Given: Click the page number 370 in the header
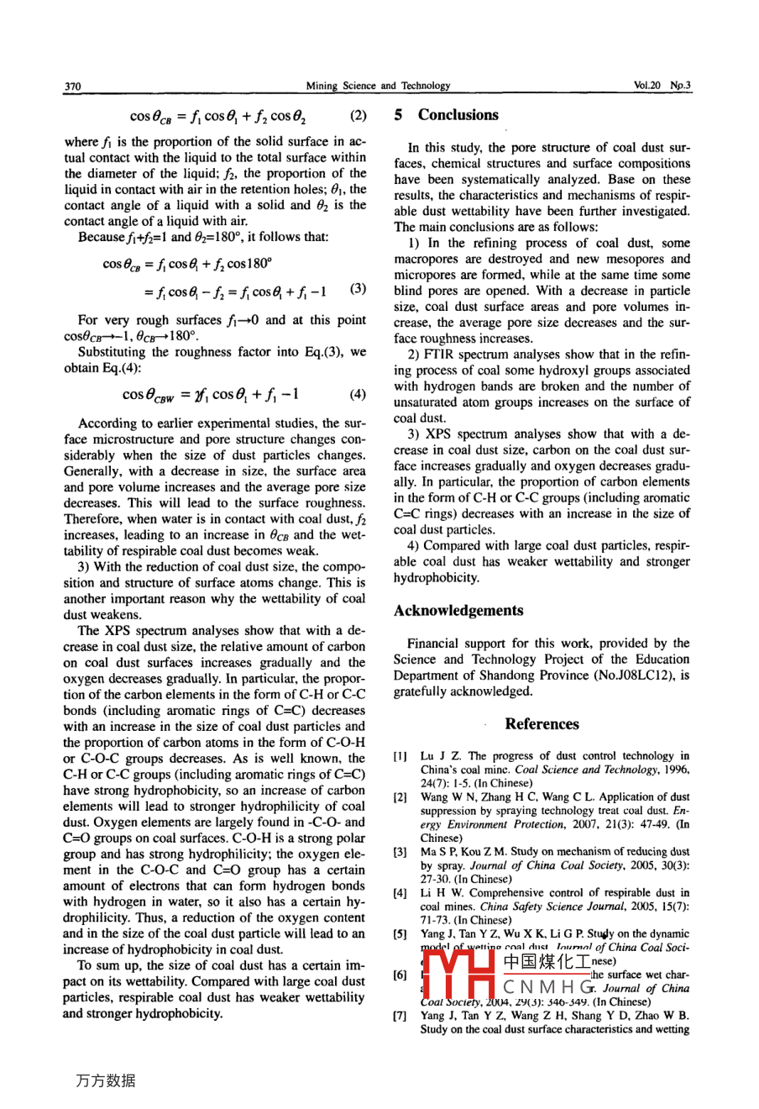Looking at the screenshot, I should pos(72,86).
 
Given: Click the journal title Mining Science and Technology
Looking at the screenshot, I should pos(378,86).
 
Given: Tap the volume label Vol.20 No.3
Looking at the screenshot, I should pos(662,86).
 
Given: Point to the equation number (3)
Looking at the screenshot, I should pos(358,289).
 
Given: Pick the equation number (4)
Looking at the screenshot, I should pos(357,394).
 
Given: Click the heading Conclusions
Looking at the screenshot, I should pos(458,115).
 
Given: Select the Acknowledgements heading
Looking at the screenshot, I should pos(458,611).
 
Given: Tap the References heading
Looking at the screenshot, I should pos(542,724).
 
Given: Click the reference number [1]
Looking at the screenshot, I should pos(401,757).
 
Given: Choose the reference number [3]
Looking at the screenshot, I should pos(401,852).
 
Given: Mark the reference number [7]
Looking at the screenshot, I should pos(401,1016).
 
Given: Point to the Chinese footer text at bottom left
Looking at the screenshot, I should pos(106,1081).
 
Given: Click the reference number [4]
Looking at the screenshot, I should pos(401,893).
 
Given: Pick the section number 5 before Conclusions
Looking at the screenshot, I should pos(399,115).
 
